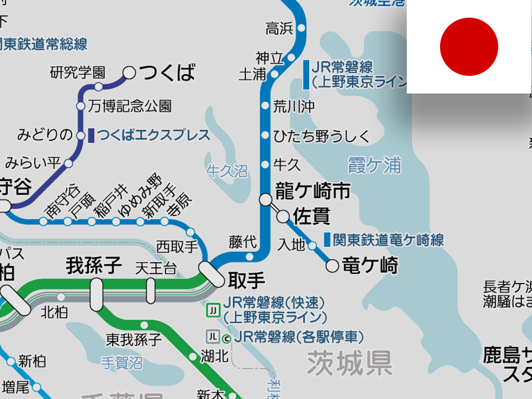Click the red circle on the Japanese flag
(469, 47)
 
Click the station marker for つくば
(129, 73)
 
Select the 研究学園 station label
(78, 72)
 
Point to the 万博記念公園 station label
(130, 107)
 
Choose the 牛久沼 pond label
(227, 171)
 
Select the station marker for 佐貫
(284, 216)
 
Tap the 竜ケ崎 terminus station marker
(332, 267)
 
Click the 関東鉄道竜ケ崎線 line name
(388, 240)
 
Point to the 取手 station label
(246, 281)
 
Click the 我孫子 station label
(94, 265)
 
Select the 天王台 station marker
(151, 290)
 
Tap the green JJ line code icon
(213, 311)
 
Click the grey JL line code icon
(212, 336)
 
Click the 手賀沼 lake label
(122, 362)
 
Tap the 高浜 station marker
(301, 28)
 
